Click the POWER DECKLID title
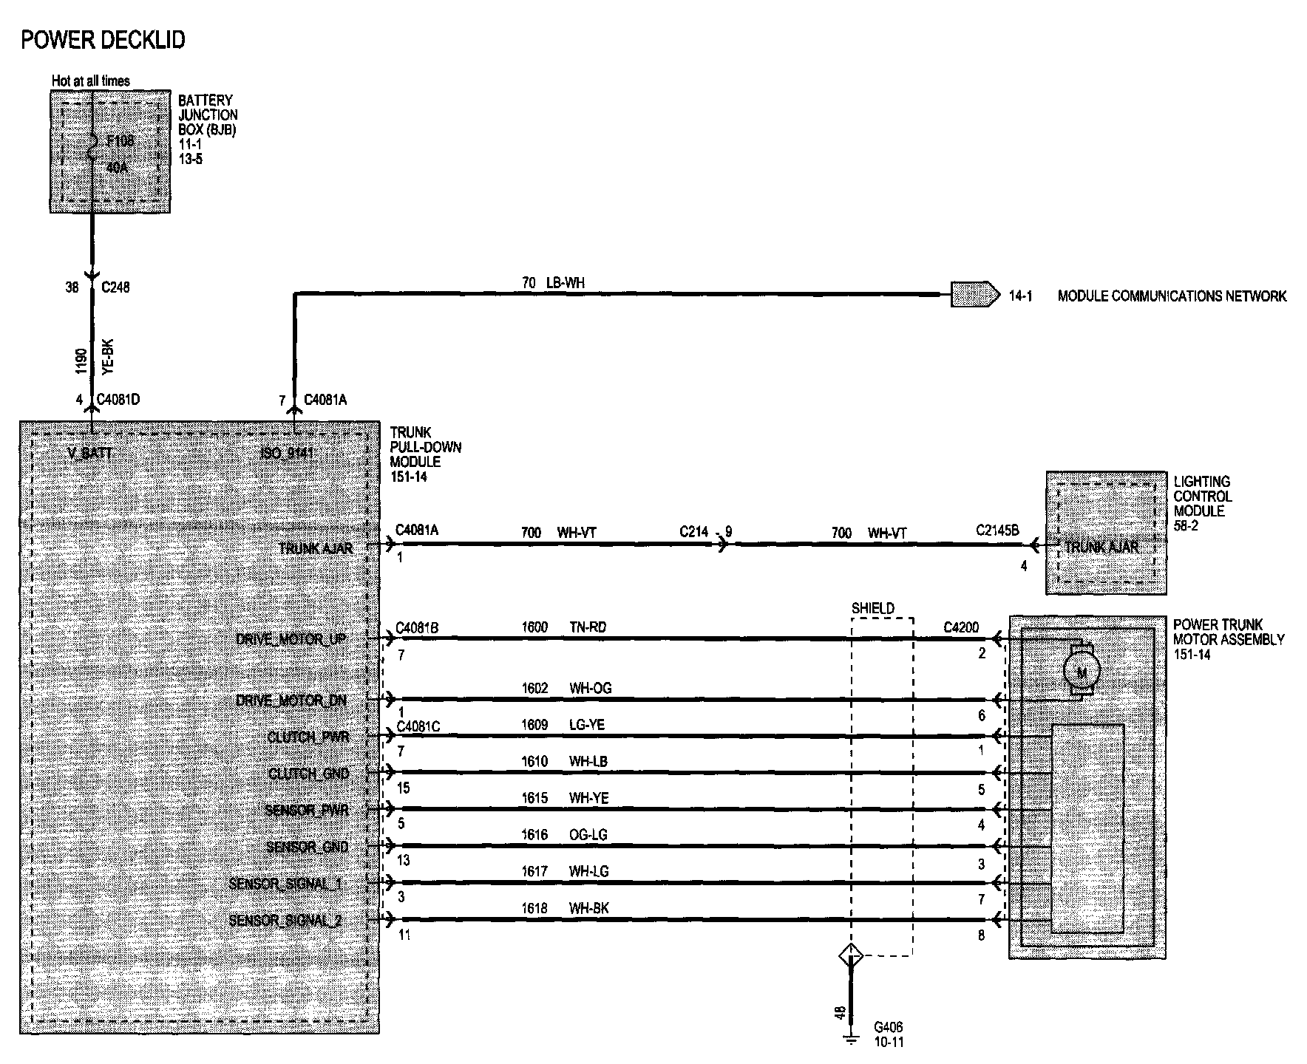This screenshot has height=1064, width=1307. point(103,40)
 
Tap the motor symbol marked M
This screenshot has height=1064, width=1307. point(1081,672)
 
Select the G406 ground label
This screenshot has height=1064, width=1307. point(888,1027)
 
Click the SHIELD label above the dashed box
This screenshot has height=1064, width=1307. point(873,609)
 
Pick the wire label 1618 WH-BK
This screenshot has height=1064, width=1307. point(565,908)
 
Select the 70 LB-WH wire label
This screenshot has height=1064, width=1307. point(553,282)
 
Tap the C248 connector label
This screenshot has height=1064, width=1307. point(115,287)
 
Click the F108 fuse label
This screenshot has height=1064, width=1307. point(120,140)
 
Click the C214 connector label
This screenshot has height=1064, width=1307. point(694,532)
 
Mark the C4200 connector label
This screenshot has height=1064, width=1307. point(961,627)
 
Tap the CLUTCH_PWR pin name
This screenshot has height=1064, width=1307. point(308,737)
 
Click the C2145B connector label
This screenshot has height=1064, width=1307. point(997,531)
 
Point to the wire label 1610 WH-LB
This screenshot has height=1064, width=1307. point(565,762)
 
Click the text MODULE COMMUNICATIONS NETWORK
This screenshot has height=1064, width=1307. point(1172,296)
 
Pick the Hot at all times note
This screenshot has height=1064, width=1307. point(91,81)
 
